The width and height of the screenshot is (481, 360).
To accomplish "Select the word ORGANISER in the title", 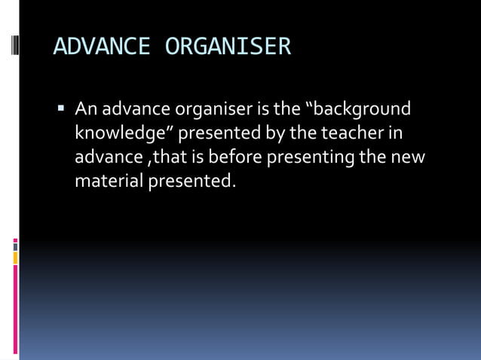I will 228,47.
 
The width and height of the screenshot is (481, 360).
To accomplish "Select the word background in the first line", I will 361,109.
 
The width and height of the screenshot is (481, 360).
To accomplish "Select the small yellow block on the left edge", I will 15,258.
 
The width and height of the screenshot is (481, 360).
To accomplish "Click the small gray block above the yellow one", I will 15,246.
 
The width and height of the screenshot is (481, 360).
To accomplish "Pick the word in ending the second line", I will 396,133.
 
